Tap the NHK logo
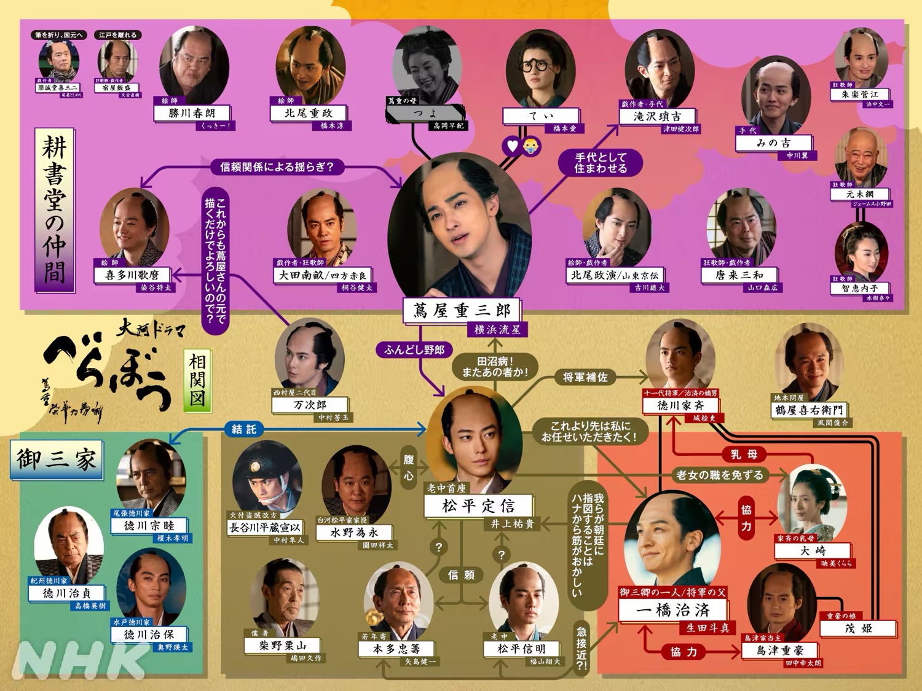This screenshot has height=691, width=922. [80, 660]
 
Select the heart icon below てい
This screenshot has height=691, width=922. [512, 146]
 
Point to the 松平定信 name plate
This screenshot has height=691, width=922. [478, 506]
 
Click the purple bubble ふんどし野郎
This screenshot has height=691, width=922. [414, 349]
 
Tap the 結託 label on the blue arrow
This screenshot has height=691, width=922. [244, 429]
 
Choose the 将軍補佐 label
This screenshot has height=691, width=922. [585, 377]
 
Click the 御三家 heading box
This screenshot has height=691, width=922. [57, 459]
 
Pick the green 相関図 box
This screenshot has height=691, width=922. [197, 380]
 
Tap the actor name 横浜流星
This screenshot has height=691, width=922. [497, 330]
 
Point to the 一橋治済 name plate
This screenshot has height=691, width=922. [672, 610]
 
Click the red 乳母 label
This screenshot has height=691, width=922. [744, 455]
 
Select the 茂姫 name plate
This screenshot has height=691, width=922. [858, 628]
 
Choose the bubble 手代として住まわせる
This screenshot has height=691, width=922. [601, 163]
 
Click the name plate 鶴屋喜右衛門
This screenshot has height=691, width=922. [808, 410]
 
